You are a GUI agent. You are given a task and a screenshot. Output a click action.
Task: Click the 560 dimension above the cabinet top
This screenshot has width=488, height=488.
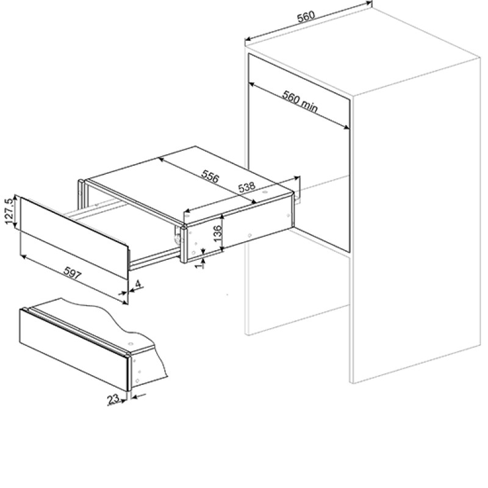point(306,16)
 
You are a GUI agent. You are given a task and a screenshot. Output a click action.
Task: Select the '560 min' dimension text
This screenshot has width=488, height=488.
point(300,101)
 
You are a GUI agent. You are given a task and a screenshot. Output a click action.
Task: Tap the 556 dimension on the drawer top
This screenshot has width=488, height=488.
point(210,176)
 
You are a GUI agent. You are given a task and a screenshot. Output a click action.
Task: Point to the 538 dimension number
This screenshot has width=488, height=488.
point(246,187)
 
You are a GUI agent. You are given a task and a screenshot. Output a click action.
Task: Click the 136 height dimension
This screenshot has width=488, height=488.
point(218,232)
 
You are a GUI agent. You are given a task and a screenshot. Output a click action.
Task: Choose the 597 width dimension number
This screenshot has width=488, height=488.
point(73,273)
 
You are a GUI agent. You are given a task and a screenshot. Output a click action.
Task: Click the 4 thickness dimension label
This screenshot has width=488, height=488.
point(138,284)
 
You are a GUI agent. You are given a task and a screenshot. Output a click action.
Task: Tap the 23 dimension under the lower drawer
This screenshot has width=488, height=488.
point(113,399)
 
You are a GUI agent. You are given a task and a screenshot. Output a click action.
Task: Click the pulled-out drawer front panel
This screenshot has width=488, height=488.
point(74,237)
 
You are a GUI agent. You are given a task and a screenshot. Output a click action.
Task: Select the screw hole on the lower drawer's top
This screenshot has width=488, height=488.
point(131,344)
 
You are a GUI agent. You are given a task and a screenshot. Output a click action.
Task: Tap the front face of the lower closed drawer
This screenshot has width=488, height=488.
point(74,349)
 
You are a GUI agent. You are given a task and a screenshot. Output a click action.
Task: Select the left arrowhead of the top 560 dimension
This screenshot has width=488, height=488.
point(248,39)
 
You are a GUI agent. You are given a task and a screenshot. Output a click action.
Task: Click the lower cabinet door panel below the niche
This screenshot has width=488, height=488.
point(297,296)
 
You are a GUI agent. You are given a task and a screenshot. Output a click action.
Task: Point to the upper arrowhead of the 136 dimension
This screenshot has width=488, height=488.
point(222,217)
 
